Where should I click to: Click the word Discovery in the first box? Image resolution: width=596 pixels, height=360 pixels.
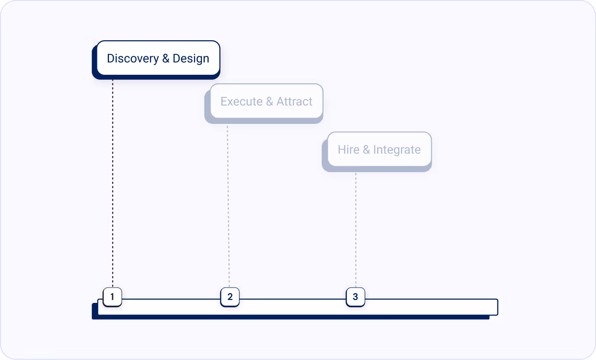(133, 59)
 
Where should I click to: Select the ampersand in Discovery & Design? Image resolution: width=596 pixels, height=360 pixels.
(166, 59)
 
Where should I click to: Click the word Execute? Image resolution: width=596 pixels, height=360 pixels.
(241, 101)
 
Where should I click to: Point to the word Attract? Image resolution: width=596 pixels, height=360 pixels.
(294, 101)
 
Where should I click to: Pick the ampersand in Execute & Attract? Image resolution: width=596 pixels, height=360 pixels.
(269, 101)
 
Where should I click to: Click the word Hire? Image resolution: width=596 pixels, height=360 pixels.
(348, 150)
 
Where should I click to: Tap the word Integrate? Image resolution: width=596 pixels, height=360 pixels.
(397, 150)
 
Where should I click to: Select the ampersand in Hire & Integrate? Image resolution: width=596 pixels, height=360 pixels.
(366, 150)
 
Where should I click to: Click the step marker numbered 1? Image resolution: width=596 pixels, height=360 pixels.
(112, 297)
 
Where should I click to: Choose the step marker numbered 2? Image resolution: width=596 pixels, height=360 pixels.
(230, 297)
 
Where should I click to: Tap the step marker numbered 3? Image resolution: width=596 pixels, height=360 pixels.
(355, 297)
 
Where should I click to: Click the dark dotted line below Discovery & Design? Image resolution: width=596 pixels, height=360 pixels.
(113, 181)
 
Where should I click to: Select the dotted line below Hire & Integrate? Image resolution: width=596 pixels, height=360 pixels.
(356, 229)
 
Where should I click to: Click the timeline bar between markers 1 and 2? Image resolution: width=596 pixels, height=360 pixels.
(171, 307)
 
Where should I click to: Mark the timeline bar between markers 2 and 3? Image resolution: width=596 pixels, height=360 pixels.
(292, 307)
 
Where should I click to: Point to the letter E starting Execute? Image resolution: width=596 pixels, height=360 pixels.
(224, 101)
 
